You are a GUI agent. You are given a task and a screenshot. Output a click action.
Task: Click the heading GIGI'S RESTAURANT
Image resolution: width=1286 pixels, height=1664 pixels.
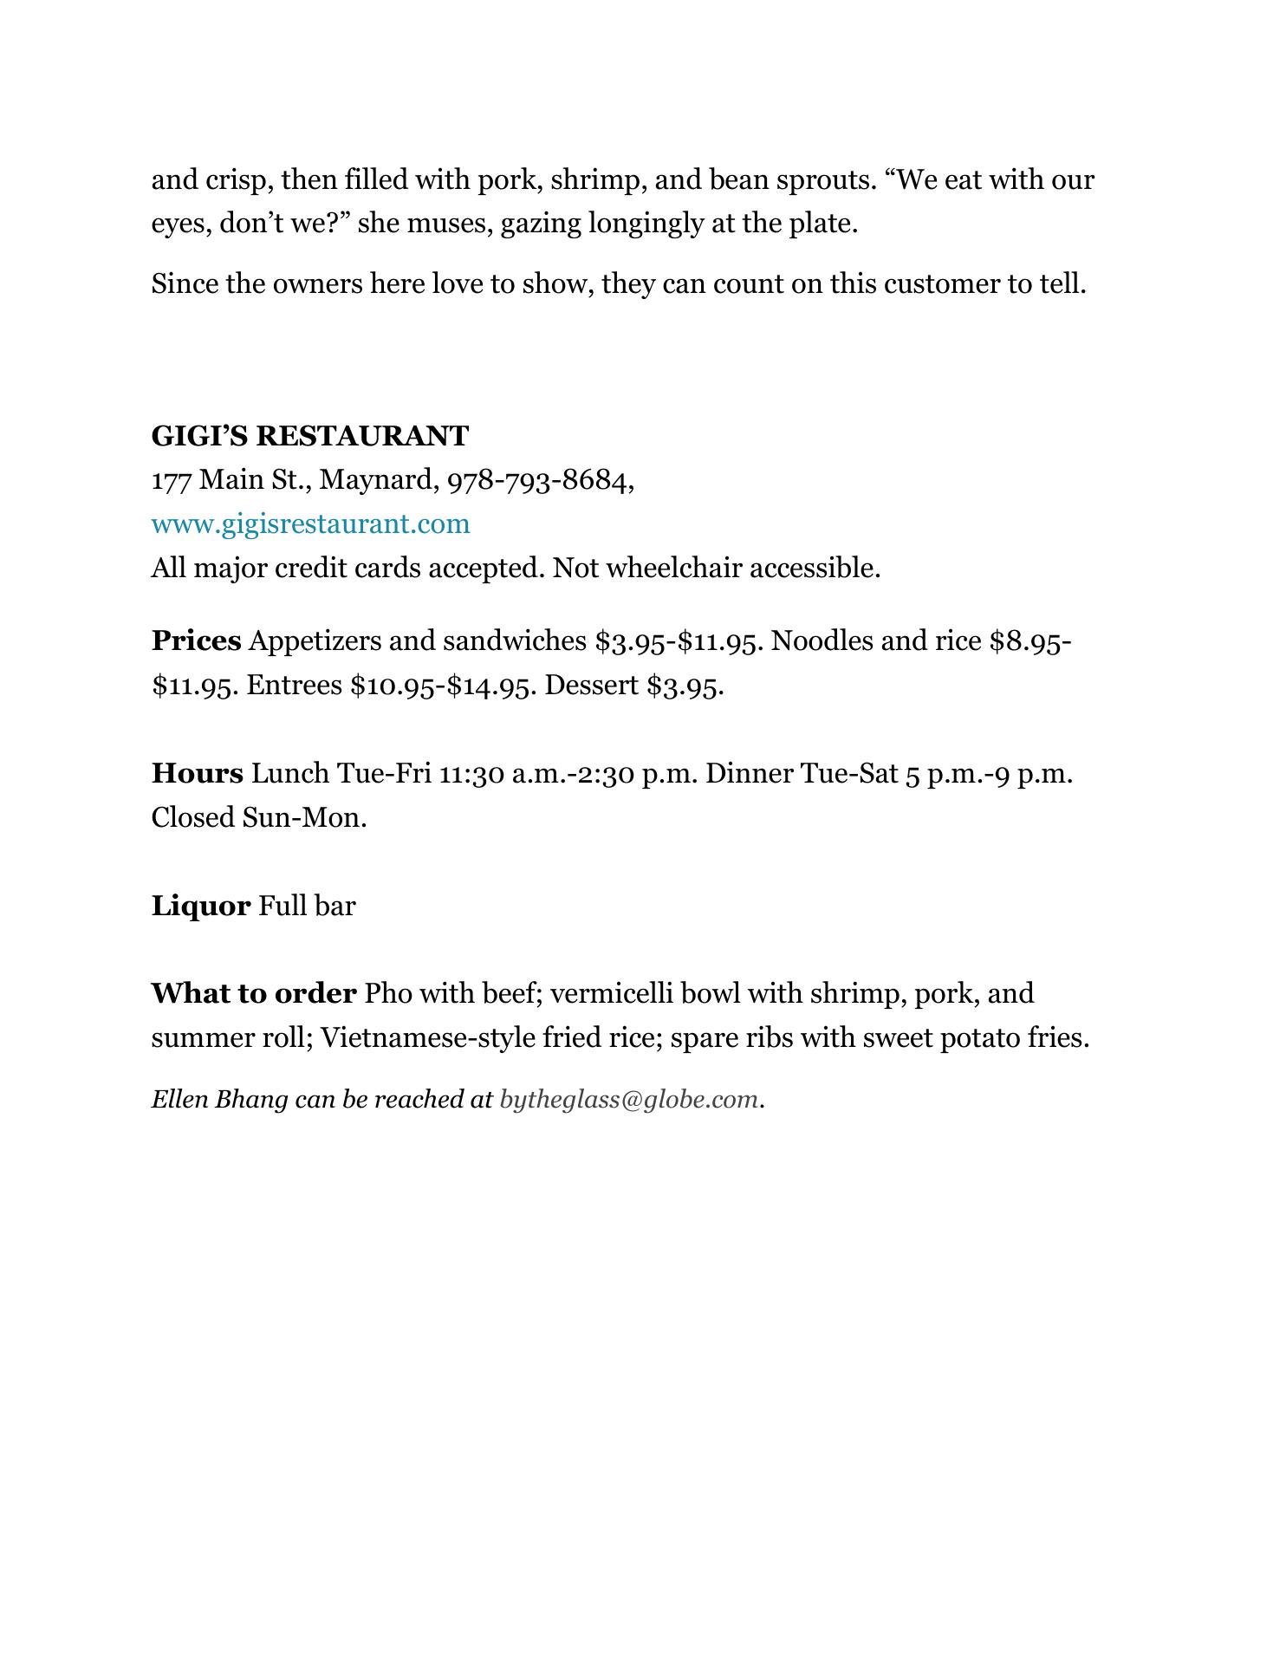click(x=309, y=436)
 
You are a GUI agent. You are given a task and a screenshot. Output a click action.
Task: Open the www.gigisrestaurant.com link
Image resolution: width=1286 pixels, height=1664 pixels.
click(x=310, y=523)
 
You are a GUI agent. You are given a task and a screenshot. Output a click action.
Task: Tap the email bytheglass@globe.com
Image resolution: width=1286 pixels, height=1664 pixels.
click(x=629, y=1099)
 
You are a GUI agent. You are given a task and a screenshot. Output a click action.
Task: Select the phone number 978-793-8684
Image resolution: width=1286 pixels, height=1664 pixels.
click(x=539, y=479)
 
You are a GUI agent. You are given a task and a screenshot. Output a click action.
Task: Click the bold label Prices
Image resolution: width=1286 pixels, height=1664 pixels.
click(x=196, y=640)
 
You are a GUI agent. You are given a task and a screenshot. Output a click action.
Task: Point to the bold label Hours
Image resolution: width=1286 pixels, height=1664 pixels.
click(x=197, y=773)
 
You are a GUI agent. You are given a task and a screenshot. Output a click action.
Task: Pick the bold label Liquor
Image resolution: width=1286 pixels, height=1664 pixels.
click(x=201, y=906)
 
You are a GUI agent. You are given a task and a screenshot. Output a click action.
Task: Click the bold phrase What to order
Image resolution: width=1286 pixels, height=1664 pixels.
click(x=253, y=992)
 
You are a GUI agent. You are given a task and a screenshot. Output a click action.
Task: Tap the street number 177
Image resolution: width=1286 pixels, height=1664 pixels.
click(x=171, y=479)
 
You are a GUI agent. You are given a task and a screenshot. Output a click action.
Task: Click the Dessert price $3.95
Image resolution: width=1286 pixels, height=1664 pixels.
click(x=684, y=686)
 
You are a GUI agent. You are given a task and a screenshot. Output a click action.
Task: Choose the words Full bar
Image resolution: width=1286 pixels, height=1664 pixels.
click(x=307, y=906)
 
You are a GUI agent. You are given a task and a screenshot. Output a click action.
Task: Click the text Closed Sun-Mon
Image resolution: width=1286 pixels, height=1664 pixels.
click(x=259, y=817)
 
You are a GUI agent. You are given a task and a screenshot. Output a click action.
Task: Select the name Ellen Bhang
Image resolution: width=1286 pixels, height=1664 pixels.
click(x=219, y=1099)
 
